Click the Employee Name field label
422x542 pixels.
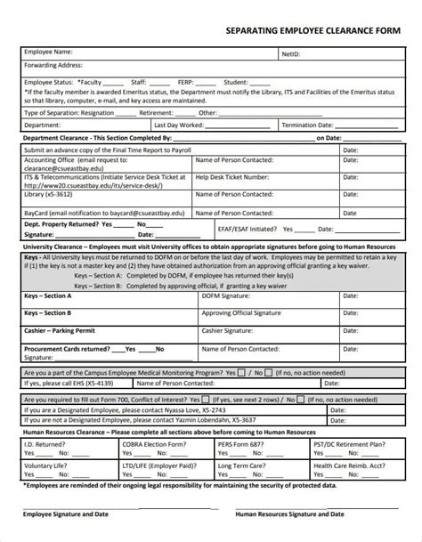47,53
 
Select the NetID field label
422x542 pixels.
291,53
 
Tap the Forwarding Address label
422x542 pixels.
53,65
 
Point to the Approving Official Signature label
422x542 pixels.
235,313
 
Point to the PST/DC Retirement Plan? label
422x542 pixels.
349,442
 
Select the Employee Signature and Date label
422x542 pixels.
67,514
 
